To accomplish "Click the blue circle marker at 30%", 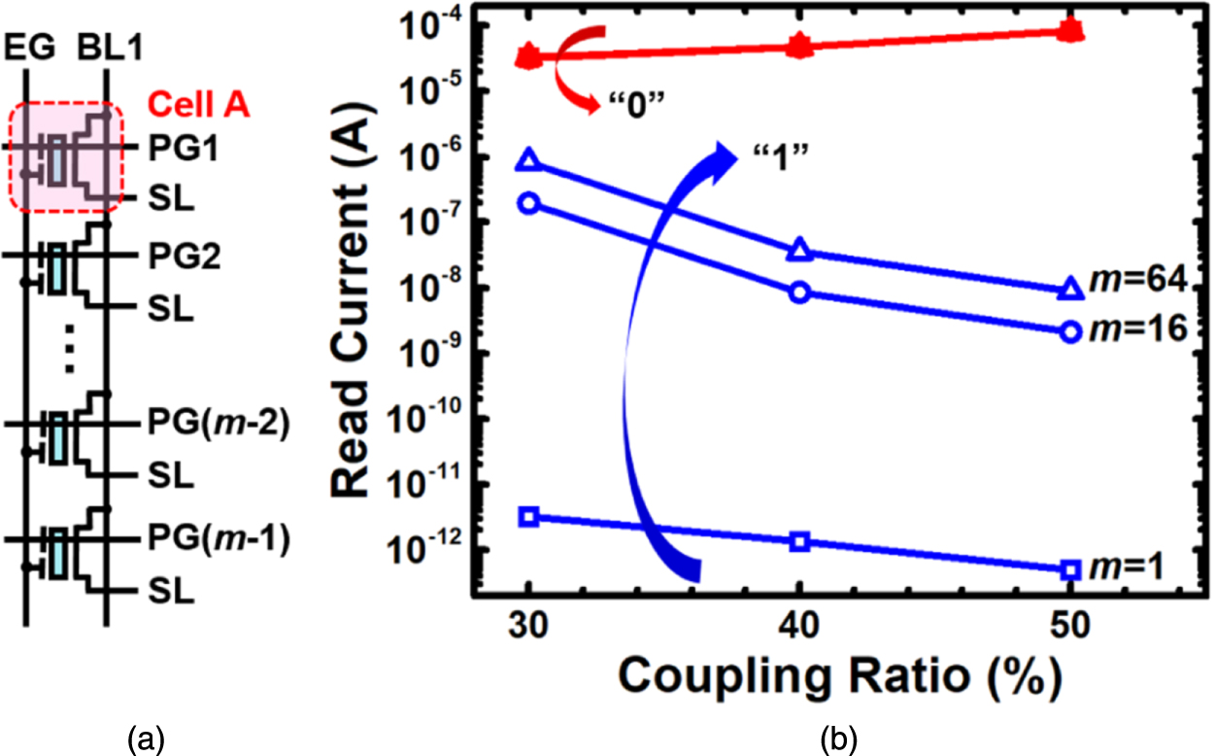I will pos(528,203).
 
